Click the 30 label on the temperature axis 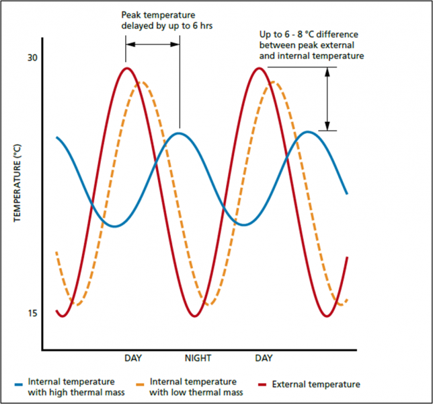[32, 58]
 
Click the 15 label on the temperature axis [32, 313]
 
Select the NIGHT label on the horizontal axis [198, 358]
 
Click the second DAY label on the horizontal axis [263, 358]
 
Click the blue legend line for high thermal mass [19, 384]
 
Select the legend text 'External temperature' [316, 384]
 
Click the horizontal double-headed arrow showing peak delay [153, 44]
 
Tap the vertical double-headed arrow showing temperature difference [327, 99]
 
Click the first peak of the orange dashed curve [142, 82]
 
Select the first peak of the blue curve [179, 133]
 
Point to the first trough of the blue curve [115, 226]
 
